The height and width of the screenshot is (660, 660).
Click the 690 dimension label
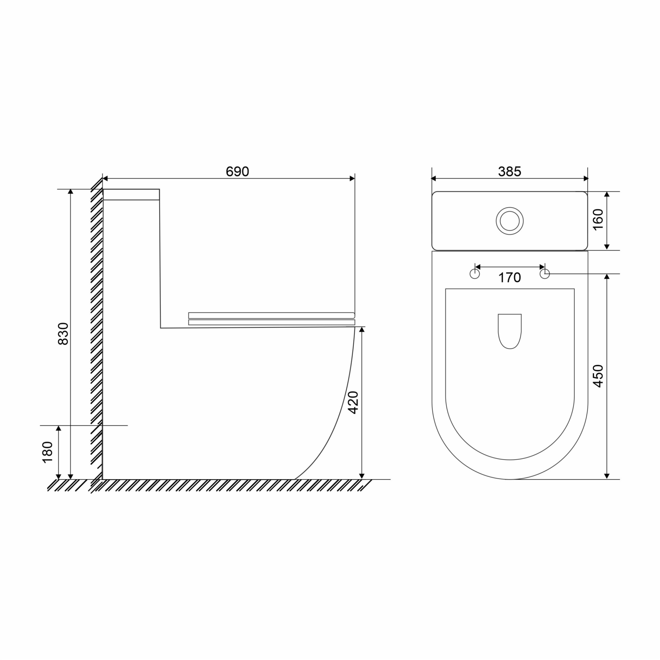(x=237, y=171)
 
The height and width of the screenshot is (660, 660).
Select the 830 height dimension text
(x=63, y=333)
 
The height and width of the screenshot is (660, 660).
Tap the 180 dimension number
(x=47, y=452)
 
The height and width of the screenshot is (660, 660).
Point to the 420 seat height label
(x=353, y=402)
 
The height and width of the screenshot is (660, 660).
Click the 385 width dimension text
(x=510, y=171)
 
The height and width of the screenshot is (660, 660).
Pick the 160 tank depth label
(x=598, y=219)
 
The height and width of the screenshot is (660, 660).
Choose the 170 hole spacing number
(x=510, y=277)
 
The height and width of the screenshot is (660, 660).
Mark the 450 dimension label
(x=598, y=376)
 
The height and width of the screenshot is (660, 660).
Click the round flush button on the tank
(x=510, y=221)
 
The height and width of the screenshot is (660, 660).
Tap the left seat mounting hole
(x=475, y=274)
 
